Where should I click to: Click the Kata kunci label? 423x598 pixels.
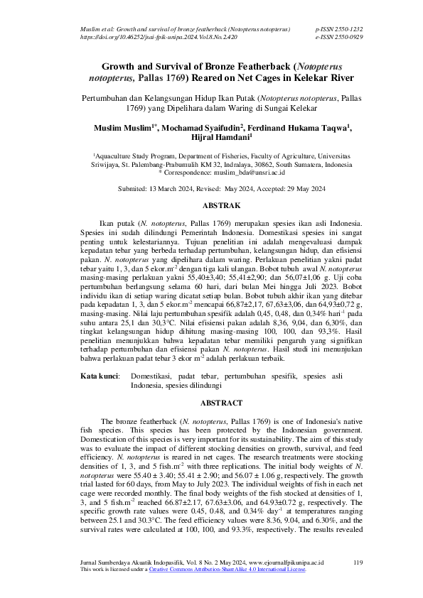99,374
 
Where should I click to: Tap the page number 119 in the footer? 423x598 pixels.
358,562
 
